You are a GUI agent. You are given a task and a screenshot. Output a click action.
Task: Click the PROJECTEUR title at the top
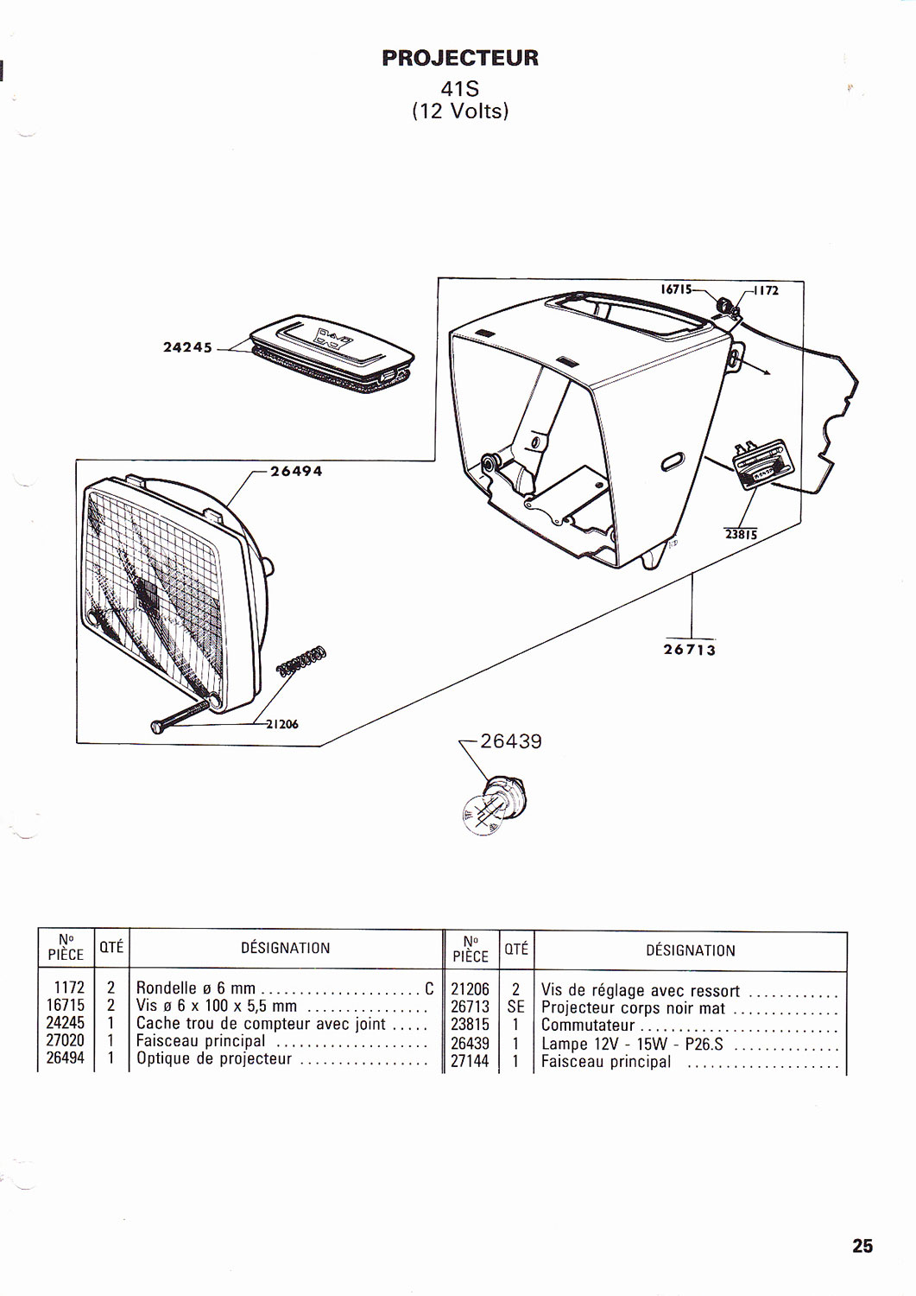click(460, 58)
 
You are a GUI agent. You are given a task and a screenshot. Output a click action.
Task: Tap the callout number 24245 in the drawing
click(187, 347)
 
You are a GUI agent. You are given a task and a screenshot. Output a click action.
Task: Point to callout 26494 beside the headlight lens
click(296, 471)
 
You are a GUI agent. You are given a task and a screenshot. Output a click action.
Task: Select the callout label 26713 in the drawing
click(690, 649)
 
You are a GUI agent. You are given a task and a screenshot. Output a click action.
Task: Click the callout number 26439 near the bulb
click(511, 741)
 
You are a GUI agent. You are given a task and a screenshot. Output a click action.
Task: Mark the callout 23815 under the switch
click(741, 534)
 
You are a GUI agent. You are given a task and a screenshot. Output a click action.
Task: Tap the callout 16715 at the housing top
click(677, 289)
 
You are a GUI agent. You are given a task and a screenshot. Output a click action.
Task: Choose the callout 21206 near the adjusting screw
click(281, 724)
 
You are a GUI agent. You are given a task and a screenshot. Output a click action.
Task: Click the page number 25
click(862, 1245)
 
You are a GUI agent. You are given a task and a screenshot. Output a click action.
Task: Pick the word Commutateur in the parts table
click(588, 1026)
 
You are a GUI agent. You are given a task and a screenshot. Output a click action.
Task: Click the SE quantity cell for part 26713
click(516, 1007)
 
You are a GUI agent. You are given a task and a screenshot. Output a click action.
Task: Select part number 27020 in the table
click(66, 1041)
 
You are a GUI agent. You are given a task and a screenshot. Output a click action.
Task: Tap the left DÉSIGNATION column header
click(285, 948)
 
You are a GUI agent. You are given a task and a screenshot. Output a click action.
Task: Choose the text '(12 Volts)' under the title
click(460, 111)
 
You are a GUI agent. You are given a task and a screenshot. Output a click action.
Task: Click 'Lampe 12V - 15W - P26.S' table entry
click(632, 1044)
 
